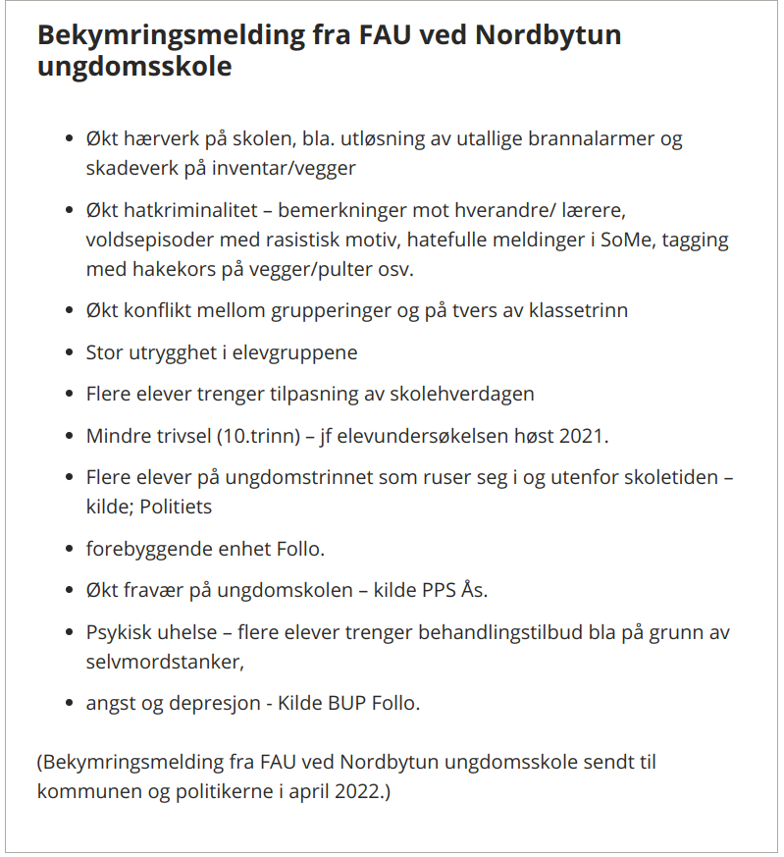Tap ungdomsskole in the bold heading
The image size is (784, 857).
135,68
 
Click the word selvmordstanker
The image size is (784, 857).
165,662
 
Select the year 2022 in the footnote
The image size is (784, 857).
355,790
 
